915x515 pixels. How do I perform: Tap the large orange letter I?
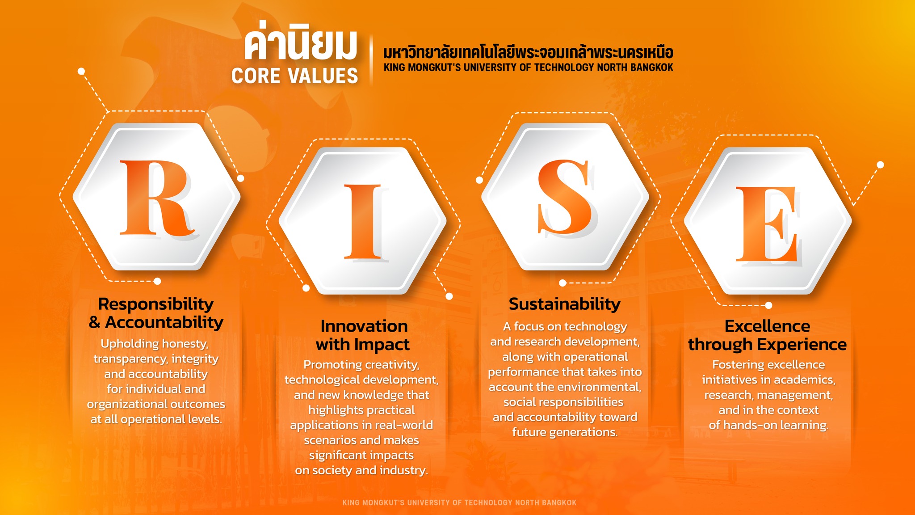(362, 222)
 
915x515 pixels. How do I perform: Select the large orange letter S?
(566, 197)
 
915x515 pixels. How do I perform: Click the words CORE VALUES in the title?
(294, 76)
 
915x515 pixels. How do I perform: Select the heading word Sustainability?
(565, 304)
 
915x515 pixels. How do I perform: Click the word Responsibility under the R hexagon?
(156, 304)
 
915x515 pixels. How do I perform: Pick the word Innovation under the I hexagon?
(364, 326)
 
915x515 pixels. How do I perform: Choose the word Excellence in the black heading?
(767, 326)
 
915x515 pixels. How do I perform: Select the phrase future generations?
(565, 432)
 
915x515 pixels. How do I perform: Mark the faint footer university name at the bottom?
(459, 502)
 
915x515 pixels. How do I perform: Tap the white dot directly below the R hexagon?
(157, 281)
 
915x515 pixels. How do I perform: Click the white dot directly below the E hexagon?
(768, 305)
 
